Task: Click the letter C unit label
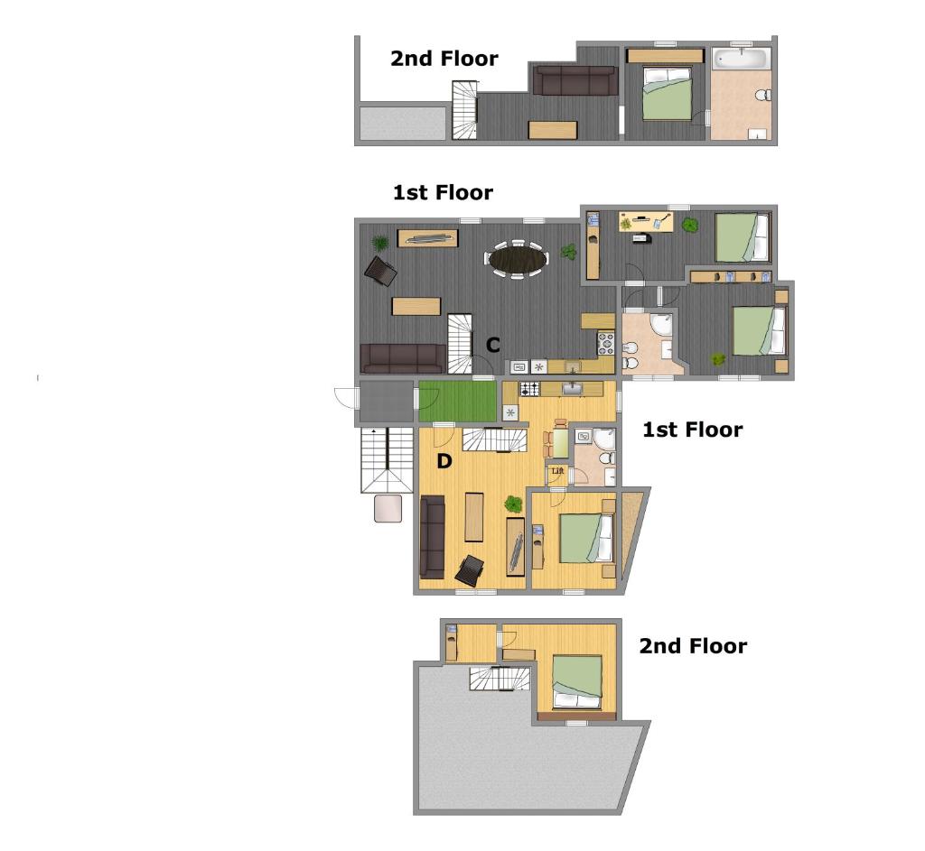click(x=492, y=345)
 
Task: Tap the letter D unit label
click(x=444, y=461)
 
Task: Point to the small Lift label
click(x=557, y=471)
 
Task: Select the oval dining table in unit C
click(x=517, y=257)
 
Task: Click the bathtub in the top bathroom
click(x=741, y=59)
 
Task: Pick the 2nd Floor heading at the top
click(x=444, y=59)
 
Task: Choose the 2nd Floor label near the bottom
click(x=693, y=646)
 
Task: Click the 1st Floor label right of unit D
click(x=693, y=430)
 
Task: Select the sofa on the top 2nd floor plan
click(x=575, y=79)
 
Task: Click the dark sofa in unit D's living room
click(x=433, y=537)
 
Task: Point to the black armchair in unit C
click(x=380, y=271)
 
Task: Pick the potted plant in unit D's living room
click(x=513, y=504)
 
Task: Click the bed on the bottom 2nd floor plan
click(x=577, y=682)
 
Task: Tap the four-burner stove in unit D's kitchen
click(x=529, y=389)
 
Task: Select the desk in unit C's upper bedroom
click(x=646, y=222)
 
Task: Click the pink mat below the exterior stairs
click(x=388, y=508)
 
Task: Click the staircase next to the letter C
click(x=460, y=344)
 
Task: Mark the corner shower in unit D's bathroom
click(x=604, y=439)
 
